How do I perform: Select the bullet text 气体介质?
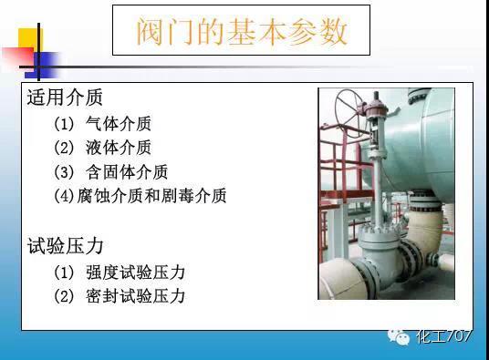click(x=118, y=124)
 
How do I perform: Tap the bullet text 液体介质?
click(x=118, y=148)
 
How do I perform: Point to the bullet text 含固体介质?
click(x=126, y=171)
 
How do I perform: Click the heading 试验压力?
click(x=65, y=246)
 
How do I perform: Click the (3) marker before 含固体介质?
click(x=63, y=171)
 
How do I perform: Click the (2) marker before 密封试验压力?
click(x=63, y=296)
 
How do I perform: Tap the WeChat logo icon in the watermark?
click(x=401, y=336)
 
